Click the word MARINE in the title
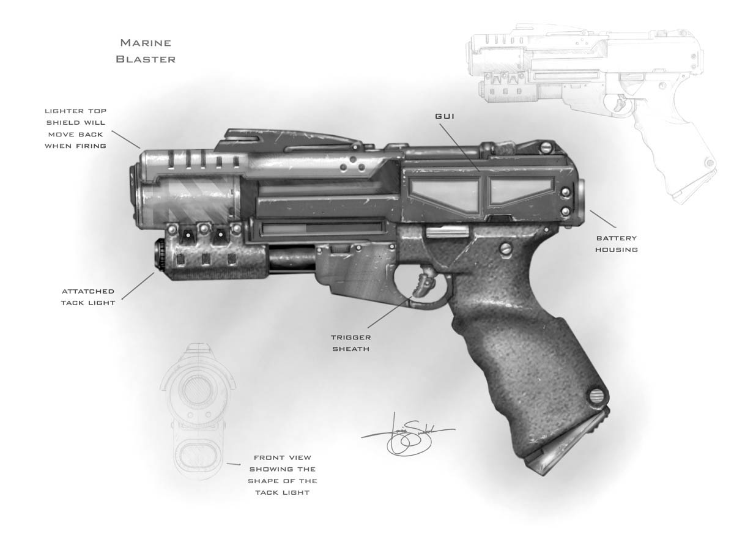click(145, 43)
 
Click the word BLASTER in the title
click(145, 59)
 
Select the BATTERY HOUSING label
click(616, 243)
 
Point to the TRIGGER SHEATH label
click(350, 343)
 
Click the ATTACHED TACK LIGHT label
click(87, 297)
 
